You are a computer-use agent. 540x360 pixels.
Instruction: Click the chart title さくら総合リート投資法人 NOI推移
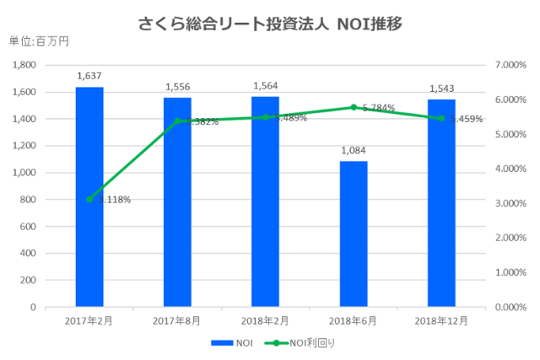(269, 24)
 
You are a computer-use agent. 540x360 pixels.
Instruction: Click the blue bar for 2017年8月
(177, 202)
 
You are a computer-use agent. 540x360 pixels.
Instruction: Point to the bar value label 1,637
(89, 76)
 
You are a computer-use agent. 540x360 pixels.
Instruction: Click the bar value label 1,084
(354, 150)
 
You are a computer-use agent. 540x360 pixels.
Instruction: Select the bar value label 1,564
(265, 86)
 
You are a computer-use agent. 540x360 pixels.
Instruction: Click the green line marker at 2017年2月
(89, 199)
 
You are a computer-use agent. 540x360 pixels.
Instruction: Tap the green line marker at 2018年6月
(354, 107)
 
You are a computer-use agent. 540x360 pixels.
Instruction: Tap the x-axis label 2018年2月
(265, 320)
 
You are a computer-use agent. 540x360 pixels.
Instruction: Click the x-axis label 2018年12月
(441, 320)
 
